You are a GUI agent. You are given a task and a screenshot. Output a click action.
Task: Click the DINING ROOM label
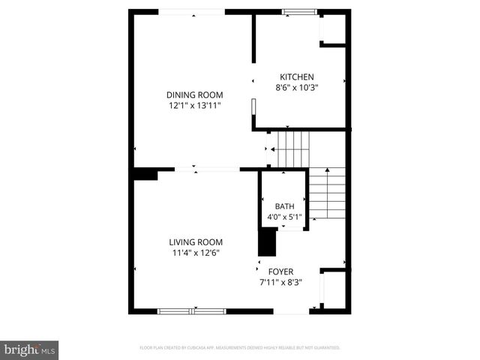click(x=195, y=94)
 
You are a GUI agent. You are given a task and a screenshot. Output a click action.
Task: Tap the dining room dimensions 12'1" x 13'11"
click(x=195, y=106)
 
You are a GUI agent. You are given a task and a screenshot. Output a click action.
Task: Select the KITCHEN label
click(x=296, y=77)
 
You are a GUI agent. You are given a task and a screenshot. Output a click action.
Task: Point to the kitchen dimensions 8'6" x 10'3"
click(x=296, y=88)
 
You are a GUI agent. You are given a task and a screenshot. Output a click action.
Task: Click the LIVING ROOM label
click(x=195, y=242)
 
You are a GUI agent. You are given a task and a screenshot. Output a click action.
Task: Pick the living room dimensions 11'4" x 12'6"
click(x=195, y=253)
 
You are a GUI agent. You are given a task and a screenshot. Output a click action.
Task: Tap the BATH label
click(x=284, y=207)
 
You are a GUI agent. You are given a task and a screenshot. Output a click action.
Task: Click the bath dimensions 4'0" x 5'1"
click(x=284, y=217)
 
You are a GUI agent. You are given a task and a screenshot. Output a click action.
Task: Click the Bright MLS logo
click(x=29, y=349)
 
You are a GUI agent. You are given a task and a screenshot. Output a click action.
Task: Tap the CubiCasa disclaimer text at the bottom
click(x=240, y=348)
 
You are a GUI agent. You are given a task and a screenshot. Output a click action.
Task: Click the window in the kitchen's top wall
click(x=298, y=11)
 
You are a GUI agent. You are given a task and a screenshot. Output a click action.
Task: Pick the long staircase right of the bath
click(x=328, y=193)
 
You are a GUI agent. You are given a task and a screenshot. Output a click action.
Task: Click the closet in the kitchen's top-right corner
click(x=334, y=28)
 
